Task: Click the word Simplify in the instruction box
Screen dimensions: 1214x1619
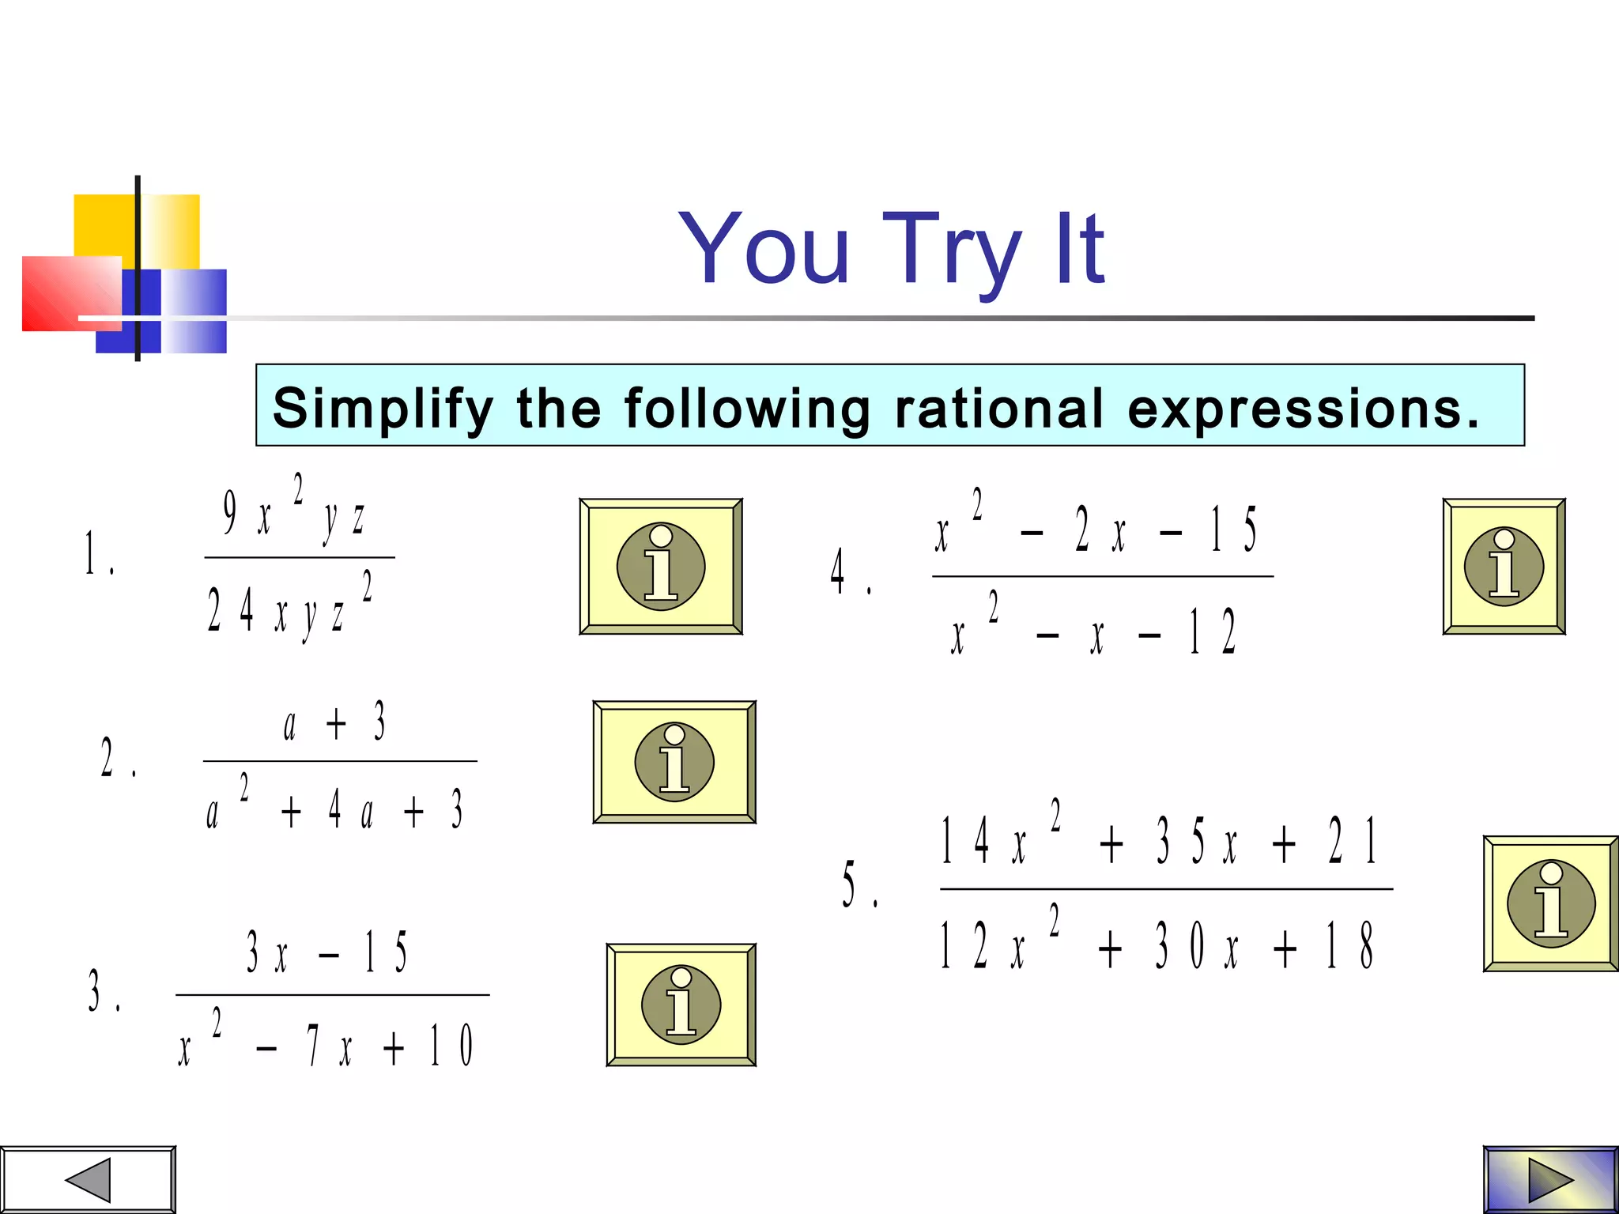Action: pyautogui.click(x=382, y=409)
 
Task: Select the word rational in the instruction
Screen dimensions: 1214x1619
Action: pyautogui.click(x=998, y=409)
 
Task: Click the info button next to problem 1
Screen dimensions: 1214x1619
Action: pyautogui.click(x=661, y=567)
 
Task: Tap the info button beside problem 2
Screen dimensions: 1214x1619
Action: pyautogui.click(x=674, y=762)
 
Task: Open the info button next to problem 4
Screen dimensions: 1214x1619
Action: pyautogui.click(x=1504, y=567)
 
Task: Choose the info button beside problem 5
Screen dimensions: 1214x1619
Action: pyautogui.click(x=1551, y=903)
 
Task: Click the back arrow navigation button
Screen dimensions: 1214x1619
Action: pyautogui.click(x=87, y=1180)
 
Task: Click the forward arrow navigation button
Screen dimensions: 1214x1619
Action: pyautogui.click(x=1550, y=1180)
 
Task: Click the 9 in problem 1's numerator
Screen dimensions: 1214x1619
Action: pyautogui.click(x=230, y=513)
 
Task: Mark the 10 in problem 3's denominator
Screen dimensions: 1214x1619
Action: pyautogui.click(x=451, y=1045)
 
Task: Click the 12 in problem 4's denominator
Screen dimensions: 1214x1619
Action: pyautogui.click(x=1212, y=632)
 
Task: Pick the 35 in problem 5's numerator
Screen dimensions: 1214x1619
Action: pyautogui.click(x=1180, y=841)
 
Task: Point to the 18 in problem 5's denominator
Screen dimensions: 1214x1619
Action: pyautogui.click(x=1349, y=946)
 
